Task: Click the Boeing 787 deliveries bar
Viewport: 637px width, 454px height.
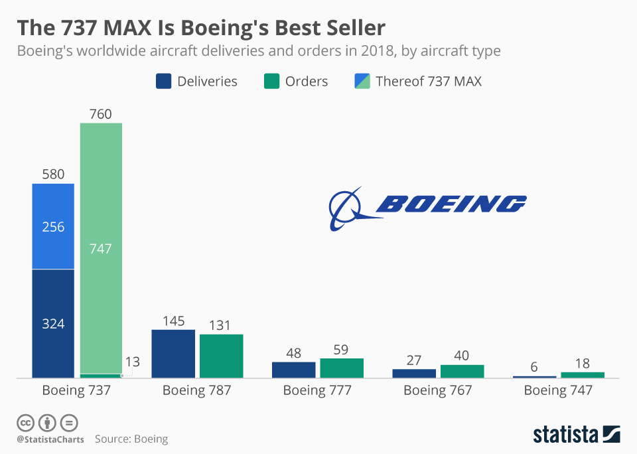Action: tap(173, 354)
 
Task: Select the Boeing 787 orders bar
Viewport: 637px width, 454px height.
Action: tap(221, 356)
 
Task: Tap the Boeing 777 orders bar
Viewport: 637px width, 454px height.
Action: tap(342, 368)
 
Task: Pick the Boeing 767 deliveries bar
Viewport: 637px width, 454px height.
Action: tap(414, 373)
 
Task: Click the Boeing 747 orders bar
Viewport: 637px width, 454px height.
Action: tap(583, 375)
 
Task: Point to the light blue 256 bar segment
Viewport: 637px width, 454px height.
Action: tap(53, 226)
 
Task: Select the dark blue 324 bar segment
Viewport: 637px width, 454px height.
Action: tap(53, 323)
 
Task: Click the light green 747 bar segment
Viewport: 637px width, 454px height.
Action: tap(101, 248)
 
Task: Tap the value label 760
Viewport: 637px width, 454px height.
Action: tap(101, 114)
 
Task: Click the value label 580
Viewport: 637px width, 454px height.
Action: tap(53, 175)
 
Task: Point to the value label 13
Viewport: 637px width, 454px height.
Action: tap(133, 362)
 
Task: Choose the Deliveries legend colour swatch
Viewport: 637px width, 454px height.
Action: tap(164, 81)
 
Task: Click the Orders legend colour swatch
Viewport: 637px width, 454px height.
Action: tap(272, 81)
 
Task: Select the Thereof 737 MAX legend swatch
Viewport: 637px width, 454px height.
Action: tap(362, 81)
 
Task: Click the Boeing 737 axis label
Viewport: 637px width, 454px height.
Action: tap(76, 390)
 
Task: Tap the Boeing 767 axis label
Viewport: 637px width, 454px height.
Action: tap(438, 390)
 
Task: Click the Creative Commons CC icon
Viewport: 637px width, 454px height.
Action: tap(26, 423)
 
